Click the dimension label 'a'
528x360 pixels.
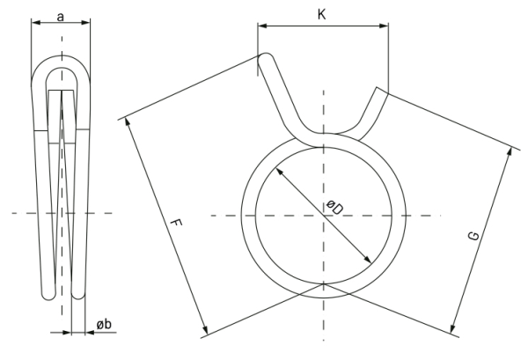pos(60,16)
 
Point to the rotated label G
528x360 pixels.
pos(473,236)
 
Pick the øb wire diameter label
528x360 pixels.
pos(102,326)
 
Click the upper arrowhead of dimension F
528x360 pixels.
pos(132,122)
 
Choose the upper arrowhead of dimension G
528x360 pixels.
pos(511,151)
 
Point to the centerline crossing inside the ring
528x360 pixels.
pos(323,214)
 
